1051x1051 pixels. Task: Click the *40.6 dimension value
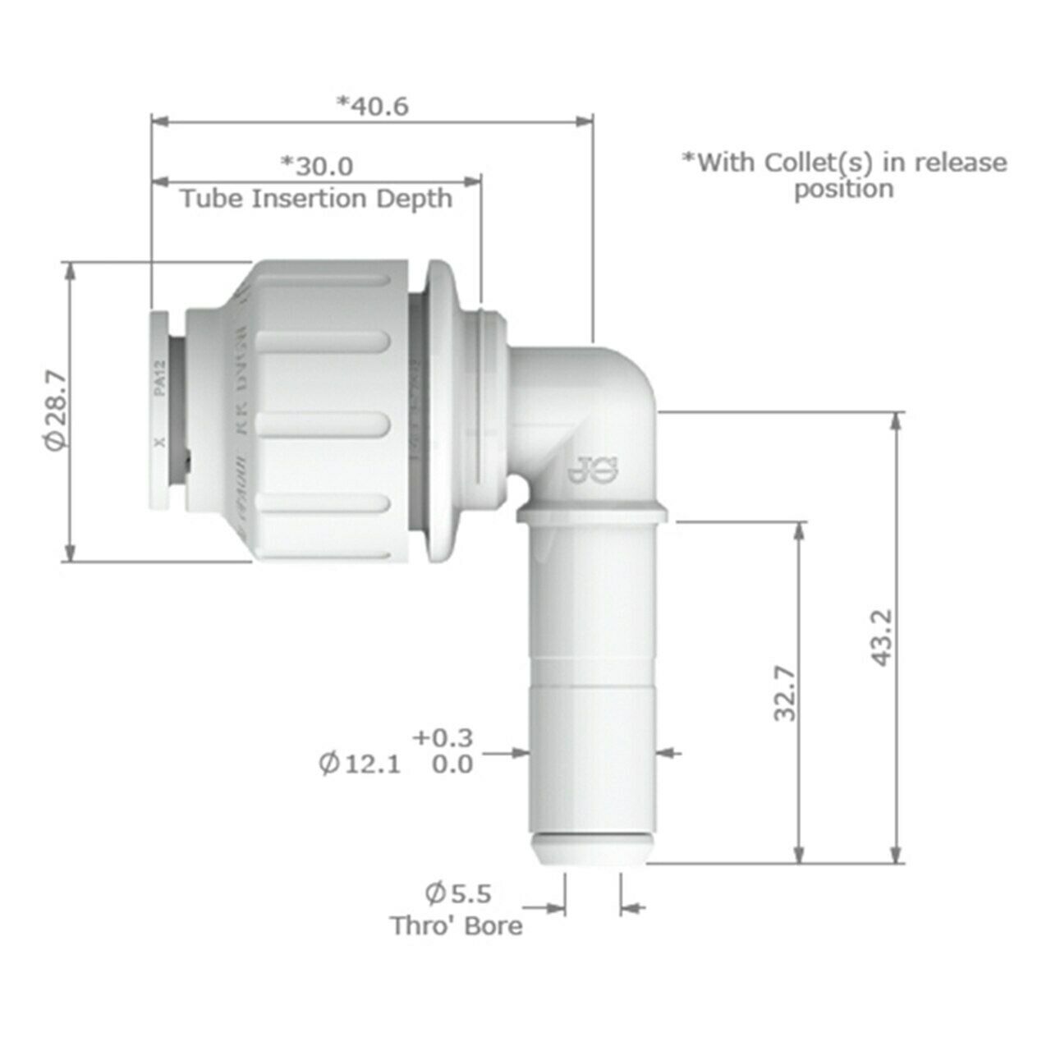[x=373, y=106]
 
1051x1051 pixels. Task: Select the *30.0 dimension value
[x=317, y=166]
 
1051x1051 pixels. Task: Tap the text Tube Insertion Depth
[x=316, y=199]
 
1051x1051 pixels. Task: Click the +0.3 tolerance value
[x=444, y=737]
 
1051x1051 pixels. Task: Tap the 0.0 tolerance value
[x=452, y=764]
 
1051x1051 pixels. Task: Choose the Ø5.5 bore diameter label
[x=458, y=893]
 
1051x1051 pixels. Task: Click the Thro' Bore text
[x=456, y=926]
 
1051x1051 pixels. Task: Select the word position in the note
[x=843, y=189]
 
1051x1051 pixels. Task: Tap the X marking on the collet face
[x=160, y=441]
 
